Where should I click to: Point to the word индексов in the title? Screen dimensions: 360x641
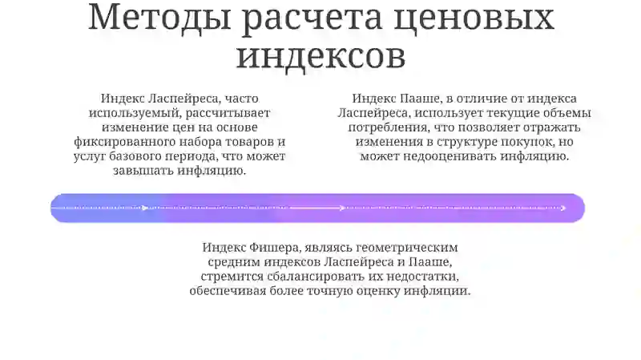click(320, 55)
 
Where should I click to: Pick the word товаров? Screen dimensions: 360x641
click(245, 142)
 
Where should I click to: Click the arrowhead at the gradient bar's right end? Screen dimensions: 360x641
click(563, 208)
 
